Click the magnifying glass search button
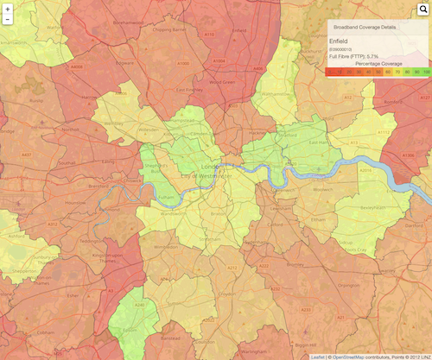pos(422,9)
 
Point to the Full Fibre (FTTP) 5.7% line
pos(354,56)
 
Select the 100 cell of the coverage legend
pos(425,73)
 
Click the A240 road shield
pos(138,305)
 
